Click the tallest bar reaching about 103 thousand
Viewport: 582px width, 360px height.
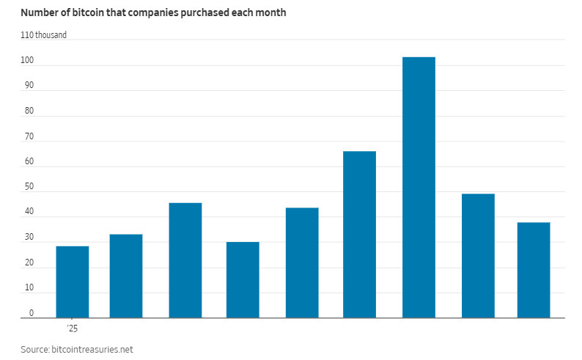coord(419,187)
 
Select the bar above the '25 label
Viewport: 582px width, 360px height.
coord(72,282)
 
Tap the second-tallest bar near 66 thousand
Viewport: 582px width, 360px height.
coord(359,235)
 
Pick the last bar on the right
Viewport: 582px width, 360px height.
coord(534,270)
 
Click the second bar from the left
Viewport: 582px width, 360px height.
coord(126,276)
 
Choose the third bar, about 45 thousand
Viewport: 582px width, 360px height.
coord(185,260)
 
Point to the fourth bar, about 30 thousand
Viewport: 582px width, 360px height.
coord(243,279)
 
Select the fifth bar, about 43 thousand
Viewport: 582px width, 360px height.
coord(302,262)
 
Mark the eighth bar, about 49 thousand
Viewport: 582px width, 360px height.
coord(478,256)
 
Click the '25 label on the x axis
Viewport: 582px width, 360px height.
coord(72,328)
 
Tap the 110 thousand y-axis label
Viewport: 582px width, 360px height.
coord(48,35)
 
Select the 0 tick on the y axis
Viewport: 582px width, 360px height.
coord(31,313)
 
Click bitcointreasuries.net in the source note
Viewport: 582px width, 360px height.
coord(94,350)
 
